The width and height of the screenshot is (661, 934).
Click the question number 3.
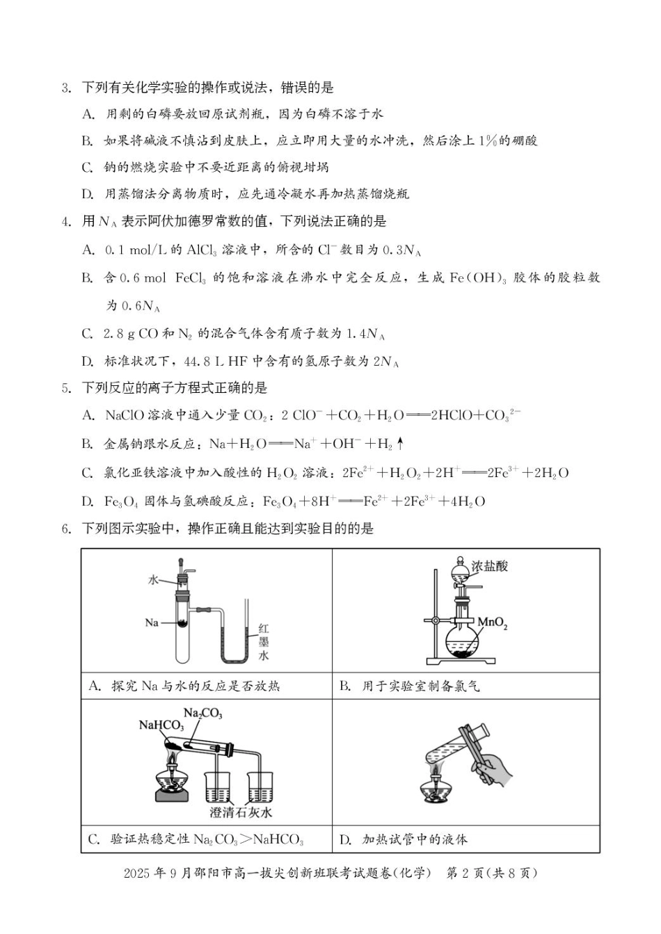coord(66,88)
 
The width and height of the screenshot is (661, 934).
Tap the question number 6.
coord(66,529)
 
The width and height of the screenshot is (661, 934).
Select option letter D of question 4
coord(88,362)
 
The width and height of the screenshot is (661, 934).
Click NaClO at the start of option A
coord(125,416)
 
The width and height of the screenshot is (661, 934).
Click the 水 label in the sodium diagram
coord(153,579)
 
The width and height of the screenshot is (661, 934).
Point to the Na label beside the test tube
coord(152,622)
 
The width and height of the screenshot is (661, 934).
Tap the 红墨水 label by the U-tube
coord(264,641)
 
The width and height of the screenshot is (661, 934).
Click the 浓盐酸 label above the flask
coord(490,566)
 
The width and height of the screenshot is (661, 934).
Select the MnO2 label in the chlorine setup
coord(492,622)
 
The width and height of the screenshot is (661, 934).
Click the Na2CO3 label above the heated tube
coord(202,713)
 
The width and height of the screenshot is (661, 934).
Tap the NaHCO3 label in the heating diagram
coord(161,725)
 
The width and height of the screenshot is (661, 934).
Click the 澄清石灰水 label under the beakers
coord(241,812)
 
